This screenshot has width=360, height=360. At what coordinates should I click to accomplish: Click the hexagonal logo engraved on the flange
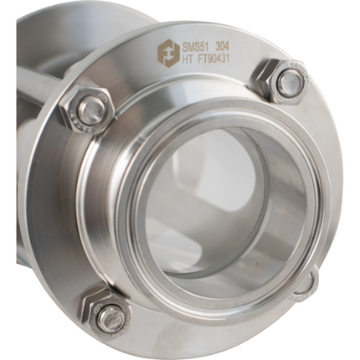165,52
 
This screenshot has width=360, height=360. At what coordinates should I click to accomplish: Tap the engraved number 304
224,45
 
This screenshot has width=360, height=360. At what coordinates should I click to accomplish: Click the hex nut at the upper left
87,109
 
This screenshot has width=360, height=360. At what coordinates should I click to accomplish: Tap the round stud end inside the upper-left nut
90,109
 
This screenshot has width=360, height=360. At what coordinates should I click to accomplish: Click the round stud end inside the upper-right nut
290,81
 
